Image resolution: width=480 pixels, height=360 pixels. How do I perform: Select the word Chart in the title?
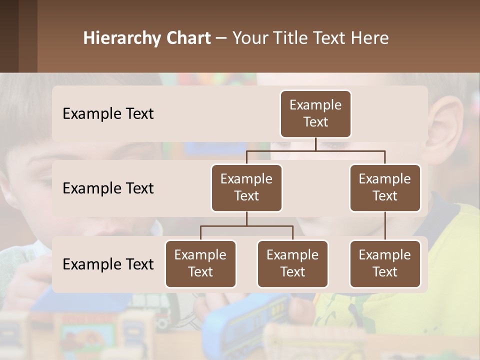[187, 38]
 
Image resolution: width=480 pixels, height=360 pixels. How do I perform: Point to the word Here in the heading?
[370, 38]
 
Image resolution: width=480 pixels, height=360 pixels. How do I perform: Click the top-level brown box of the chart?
[315, 114]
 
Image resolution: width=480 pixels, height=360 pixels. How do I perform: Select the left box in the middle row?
[246, 188]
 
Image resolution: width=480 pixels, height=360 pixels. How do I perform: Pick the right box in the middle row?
[385, 188]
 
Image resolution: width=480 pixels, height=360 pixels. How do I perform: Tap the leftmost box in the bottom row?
[200, 264]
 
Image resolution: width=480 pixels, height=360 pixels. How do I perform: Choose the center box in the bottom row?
[292, 264]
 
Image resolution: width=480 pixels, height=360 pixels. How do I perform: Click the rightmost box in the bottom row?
[385, 264]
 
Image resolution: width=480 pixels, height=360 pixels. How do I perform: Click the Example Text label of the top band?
[108, 114]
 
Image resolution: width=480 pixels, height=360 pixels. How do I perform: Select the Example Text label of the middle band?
[108, 188]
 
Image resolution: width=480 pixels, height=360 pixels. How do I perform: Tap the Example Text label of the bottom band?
[108, 264]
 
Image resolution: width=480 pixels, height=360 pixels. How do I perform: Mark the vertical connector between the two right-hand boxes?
[385, 226]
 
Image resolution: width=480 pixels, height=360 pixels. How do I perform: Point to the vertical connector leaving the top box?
[315, 144]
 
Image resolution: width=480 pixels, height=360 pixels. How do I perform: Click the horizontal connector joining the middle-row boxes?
[315, 150]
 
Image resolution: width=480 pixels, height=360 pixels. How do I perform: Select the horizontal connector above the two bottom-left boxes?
[246, 226]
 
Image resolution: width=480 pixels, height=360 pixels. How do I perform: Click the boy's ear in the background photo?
[450, 120]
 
